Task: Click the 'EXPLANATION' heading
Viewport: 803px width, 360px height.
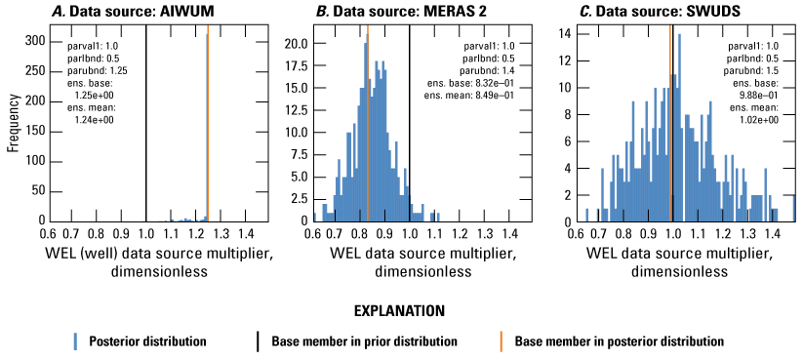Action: coord(400,310)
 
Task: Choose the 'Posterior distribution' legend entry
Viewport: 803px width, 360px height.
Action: coord(142,341)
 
